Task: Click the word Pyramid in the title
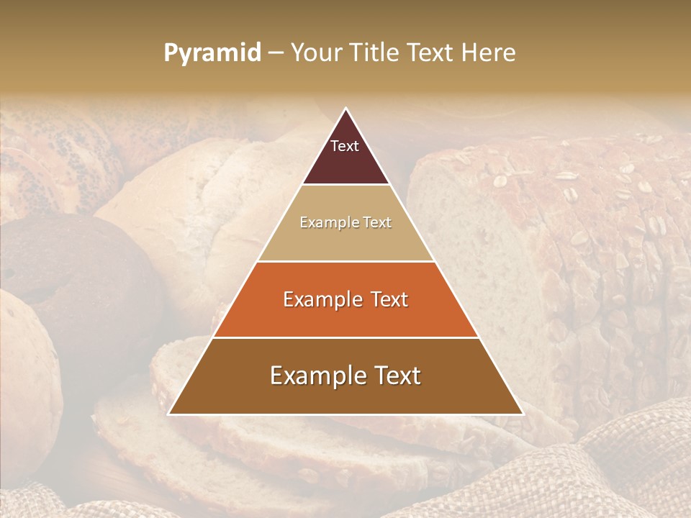(212, 53)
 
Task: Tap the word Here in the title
(489, 53)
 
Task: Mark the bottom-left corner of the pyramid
(170, 414)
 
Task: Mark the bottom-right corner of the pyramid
(522, 414)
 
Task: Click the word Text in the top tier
(345, 146)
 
